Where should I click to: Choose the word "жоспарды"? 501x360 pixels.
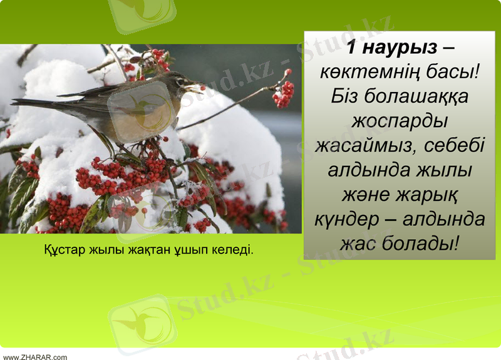pos(400,121)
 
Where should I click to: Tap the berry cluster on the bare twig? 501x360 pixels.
pos(283,94)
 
